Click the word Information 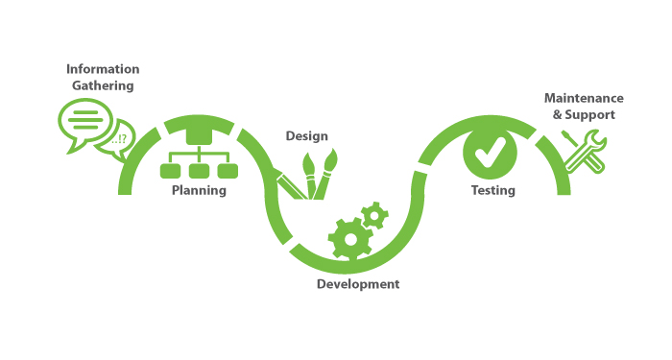(103, 69)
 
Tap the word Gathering (103, 85)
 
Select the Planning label (199, 190)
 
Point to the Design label (307, 136)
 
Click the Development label (358, 284)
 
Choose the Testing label (493, 190)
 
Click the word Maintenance (584, 98)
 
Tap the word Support (589, 115)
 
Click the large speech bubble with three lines (84, 122)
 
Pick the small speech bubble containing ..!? (117, 139)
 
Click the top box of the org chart (199, 135)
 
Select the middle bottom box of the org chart (199, 171)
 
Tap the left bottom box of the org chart (170, 171)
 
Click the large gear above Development (350, 239)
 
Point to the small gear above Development (374, 216)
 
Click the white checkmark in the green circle (491, 152)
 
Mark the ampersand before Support (557, 115)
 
